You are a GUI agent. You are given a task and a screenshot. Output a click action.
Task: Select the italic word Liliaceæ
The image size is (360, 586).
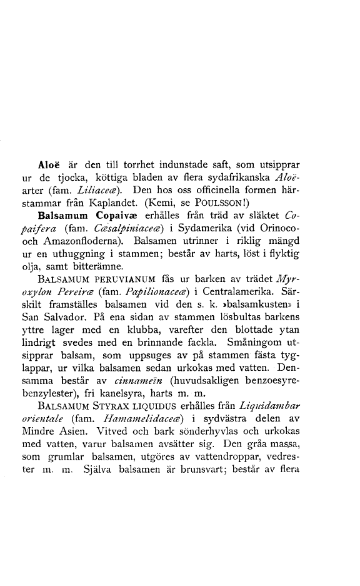coord(93,189)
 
